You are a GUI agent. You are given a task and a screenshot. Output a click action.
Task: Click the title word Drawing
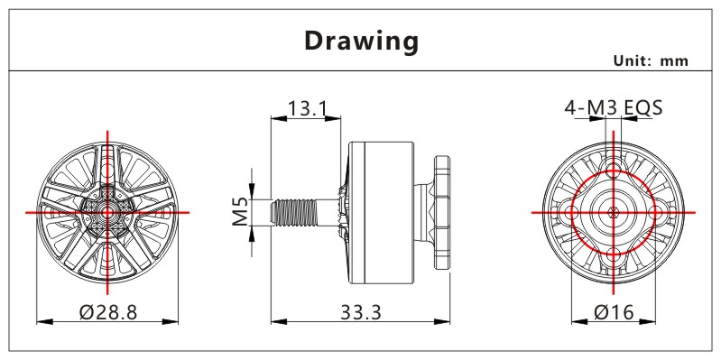[x=362, y=41]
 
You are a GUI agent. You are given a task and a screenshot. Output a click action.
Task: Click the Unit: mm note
[x=651, y=60]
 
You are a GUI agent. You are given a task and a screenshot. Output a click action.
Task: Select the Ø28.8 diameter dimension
[x=108, y=313]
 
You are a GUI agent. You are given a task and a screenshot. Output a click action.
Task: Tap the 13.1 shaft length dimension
[x=307, y=109]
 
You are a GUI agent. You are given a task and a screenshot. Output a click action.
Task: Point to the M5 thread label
[x=241, y=212]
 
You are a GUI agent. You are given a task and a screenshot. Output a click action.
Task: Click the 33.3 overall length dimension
[x=361, y=313]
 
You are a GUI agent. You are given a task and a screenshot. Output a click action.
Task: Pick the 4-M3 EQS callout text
[x=614, y=108]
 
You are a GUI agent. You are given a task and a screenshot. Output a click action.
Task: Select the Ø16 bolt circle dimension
[x=614, y=313]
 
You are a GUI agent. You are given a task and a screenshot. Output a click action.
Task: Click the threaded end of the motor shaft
[x=293, y=212]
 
